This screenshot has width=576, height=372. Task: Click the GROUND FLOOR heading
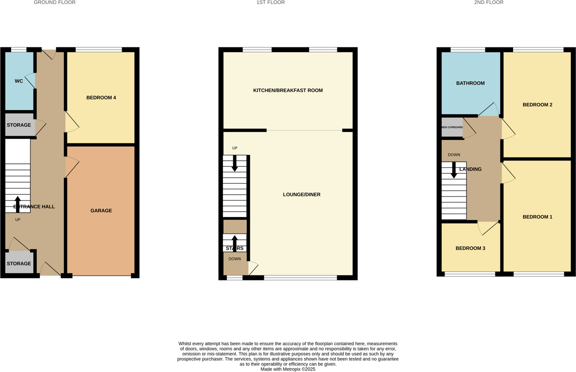coord(54,2)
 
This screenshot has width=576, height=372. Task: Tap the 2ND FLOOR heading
coord(489,2)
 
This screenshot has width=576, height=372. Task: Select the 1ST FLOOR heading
coord(271,2)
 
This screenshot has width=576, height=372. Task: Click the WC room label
coord(19,81)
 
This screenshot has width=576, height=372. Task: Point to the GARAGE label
coord(101,211)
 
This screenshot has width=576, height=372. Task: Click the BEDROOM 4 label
coord(101,98)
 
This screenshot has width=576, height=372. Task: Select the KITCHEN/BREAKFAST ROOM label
coord(288,91)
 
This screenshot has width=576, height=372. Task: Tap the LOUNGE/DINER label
coord(302,195)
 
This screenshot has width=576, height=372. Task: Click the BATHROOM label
coord(470,83)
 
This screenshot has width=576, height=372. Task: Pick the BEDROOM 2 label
coord(537,105)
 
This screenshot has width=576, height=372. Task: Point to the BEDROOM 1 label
coord(537,217)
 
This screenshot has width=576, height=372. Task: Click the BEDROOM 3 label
coord(470,248)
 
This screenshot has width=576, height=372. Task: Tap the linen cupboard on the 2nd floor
coord(452,127)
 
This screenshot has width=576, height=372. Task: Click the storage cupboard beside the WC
coord(19,125)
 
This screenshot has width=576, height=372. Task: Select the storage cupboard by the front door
coord(19,263)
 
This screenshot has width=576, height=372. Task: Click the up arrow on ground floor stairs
coord(18,204)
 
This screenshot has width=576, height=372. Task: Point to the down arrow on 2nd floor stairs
coord(454,170)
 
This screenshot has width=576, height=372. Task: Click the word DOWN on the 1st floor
coord(235,259)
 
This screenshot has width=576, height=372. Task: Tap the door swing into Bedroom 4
coord(72,123)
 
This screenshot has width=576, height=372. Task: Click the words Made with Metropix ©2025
coord(288,369)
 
